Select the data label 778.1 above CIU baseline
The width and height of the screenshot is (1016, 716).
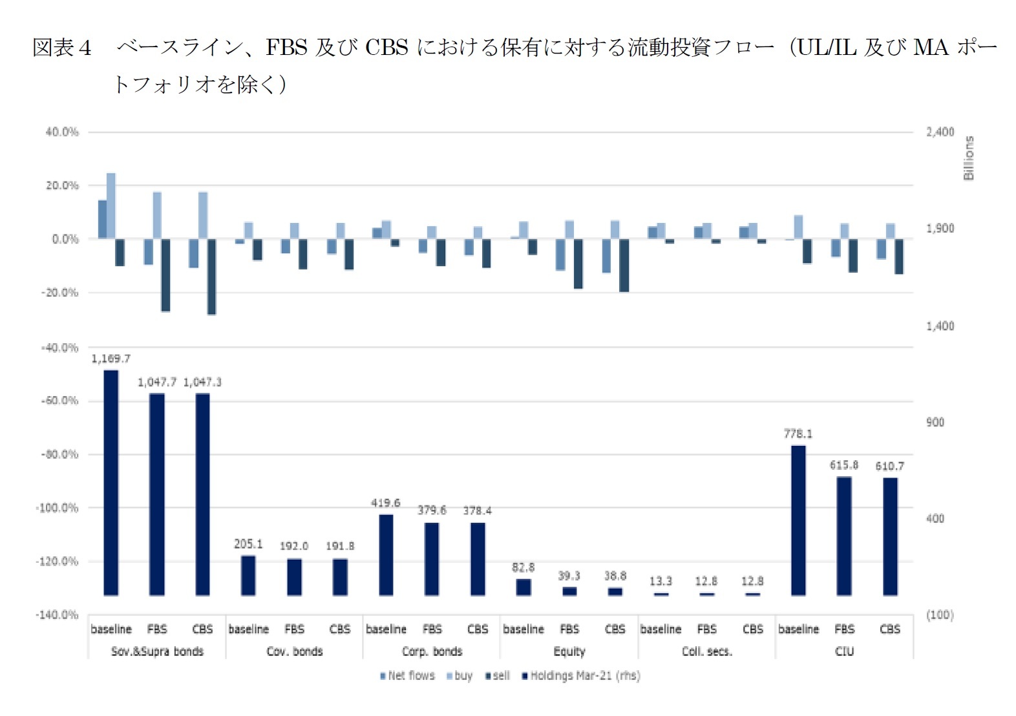798,434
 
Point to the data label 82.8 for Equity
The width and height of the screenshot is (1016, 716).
523,567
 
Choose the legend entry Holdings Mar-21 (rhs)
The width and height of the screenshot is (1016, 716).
581,676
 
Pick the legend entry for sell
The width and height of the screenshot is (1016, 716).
498,676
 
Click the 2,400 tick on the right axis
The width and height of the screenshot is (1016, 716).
940,132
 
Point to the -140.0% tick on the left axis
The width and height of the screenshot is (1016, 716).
57,615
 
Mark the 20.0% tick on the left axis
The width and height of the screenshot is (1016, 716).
62,185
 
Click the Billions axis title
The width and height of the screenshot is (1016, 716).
968,158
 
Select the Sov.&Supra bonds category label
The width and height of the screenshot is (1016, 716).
157,651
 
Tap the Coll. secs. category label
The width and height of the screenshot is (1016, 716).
706,651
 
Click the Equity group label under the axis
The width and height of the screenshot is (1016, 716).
569,651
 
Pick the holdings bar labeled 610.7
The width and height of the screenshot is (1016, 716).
890,536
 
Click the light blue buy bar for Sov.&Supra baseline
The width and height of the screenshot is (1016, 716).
111,205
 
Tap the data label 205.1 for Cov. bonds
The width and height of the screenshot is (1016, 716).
248,544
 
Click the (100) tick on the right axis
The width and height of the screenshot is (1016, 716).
939,615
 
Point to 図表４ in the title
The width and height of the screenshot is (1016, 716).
62,47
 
